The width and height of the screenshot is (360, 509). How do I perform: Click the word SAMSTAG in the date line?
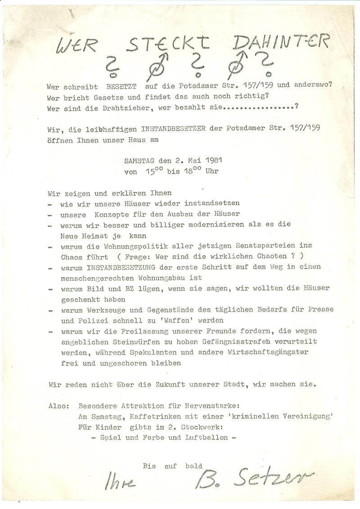point(139,160)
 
